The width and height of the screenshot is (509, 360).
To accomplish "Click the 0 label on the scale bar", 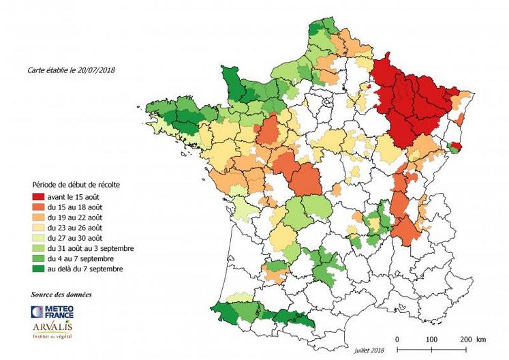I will click(397, 339).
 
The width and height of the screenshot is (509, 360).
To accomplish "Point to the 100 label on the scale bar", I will click(431, 339).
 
